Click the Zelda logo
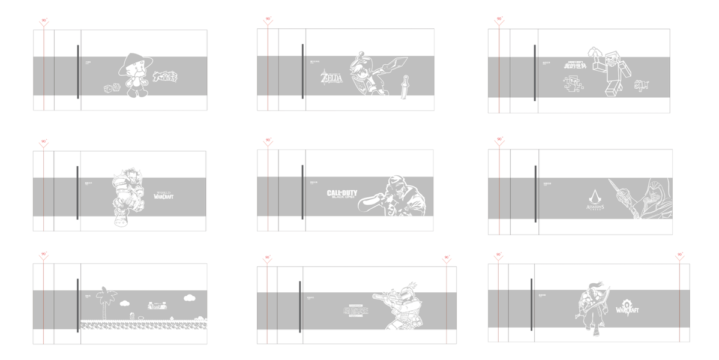[x=331, y=78]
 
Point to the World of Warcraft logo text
[x=163, y=193]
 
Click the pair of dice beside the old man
[x=112, y=88]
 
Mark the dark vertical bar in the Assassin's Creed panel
[x=535, y=193]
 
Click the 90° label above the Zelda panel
[x=268, y=19]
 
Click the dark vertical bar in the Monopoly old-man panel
[x=78, y=71]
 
